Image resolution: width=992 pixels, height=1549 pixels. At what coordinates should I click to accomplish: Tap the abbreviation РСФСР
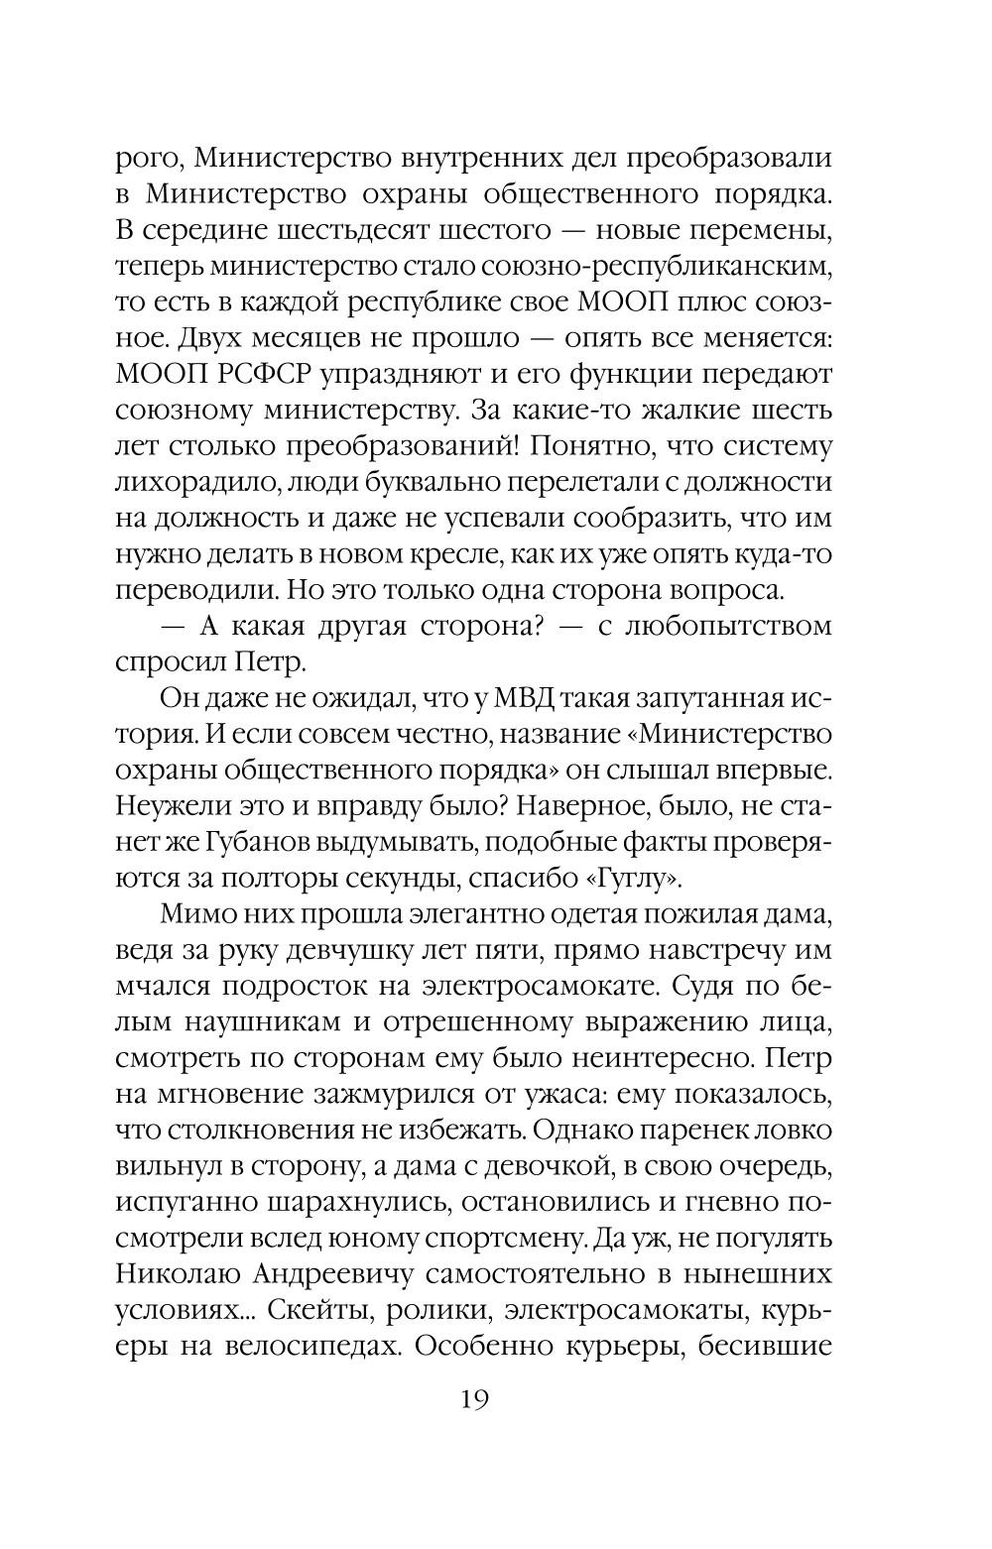click(254, 376)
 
